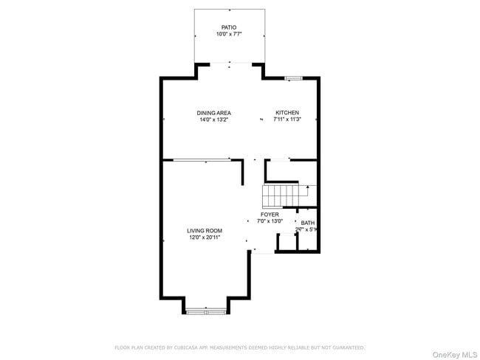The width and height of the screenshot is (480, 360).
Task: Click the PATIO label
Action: [x=229, y=27]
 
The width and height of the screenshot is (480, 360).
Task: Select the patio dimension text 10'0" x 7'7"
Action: [x=229, y=35]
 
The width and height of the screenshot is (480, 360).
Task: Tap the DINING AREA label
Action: [x=213, y=113]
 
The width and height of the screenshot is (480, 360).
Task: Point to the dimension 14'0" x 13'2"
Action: [x=213, y=120]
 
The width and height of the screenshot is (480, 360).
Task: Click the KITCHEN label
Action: [x=287, y=113]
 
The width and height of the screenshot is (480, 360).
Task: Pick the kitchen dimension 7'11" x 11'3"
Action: [x=287, y=120]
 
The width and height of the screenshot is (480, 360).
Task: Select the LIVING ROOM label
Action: [x=204, y=231]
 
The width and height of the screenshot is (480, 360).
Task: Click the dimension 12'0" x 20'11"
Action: [x=204, y=238]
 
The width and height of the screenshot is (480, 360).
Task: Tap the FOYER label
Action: [x=270, y=215]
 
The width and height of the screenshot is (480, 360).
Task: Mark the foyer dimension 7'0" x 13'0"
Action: [x=270, y=221]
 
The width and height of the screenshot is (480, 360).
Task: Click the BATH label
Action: [x=307, y=223]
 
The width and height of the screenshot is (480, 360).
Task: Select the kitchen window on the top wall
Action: [x=294, y=77]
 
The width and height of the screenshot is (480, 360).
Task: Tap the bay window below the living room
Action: [x=205, y=312]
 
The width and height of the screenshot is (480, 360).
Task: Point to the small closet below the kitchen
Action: [x=281, y=170]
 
